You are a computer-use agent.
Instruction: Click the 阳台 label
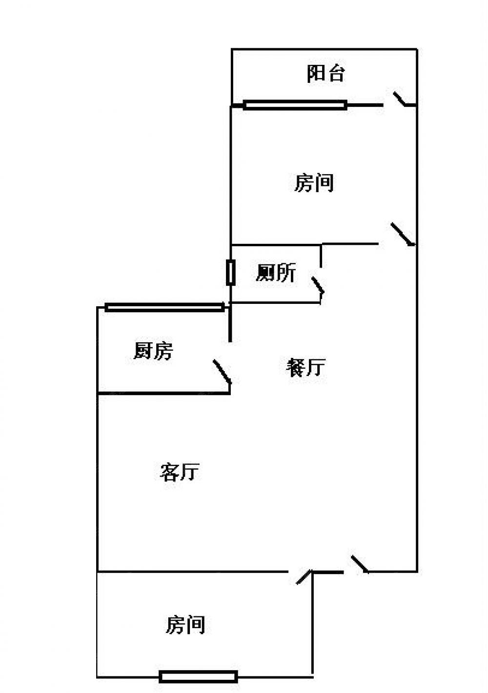(326, 73)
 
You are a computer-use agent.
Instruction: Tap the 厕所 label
(276, 273)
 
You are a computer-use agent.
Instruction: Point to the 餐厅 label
(305, 367)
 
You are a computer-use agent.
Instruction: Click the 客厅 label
(179, 472)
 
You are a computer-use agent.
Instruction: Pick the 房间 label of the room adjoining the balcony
(314, 183)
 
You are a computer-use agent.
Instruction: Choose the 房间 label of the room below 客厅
(185, 624)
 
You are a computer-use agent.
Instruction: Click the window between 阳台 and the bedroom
(295, 104)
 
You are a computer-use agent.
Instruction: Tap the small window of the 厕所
(231, 273)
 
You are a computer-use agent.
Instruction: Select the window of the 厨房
(164, 307)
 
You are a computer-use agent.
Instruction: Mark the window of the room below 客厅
(199, 676)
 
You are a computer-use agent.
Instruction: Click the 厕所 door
(318, 287)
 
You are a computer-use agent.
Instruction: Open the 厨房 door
(222, 372)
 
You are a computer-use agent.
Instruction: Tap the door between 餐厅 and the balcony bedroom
(403, 234)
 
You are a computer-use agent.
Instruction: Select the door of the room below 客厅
(304, 577)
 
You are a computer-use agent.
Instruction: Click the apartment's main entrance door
(359, 564)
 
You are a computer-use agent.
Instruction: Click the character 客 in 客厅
(169, 472)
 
